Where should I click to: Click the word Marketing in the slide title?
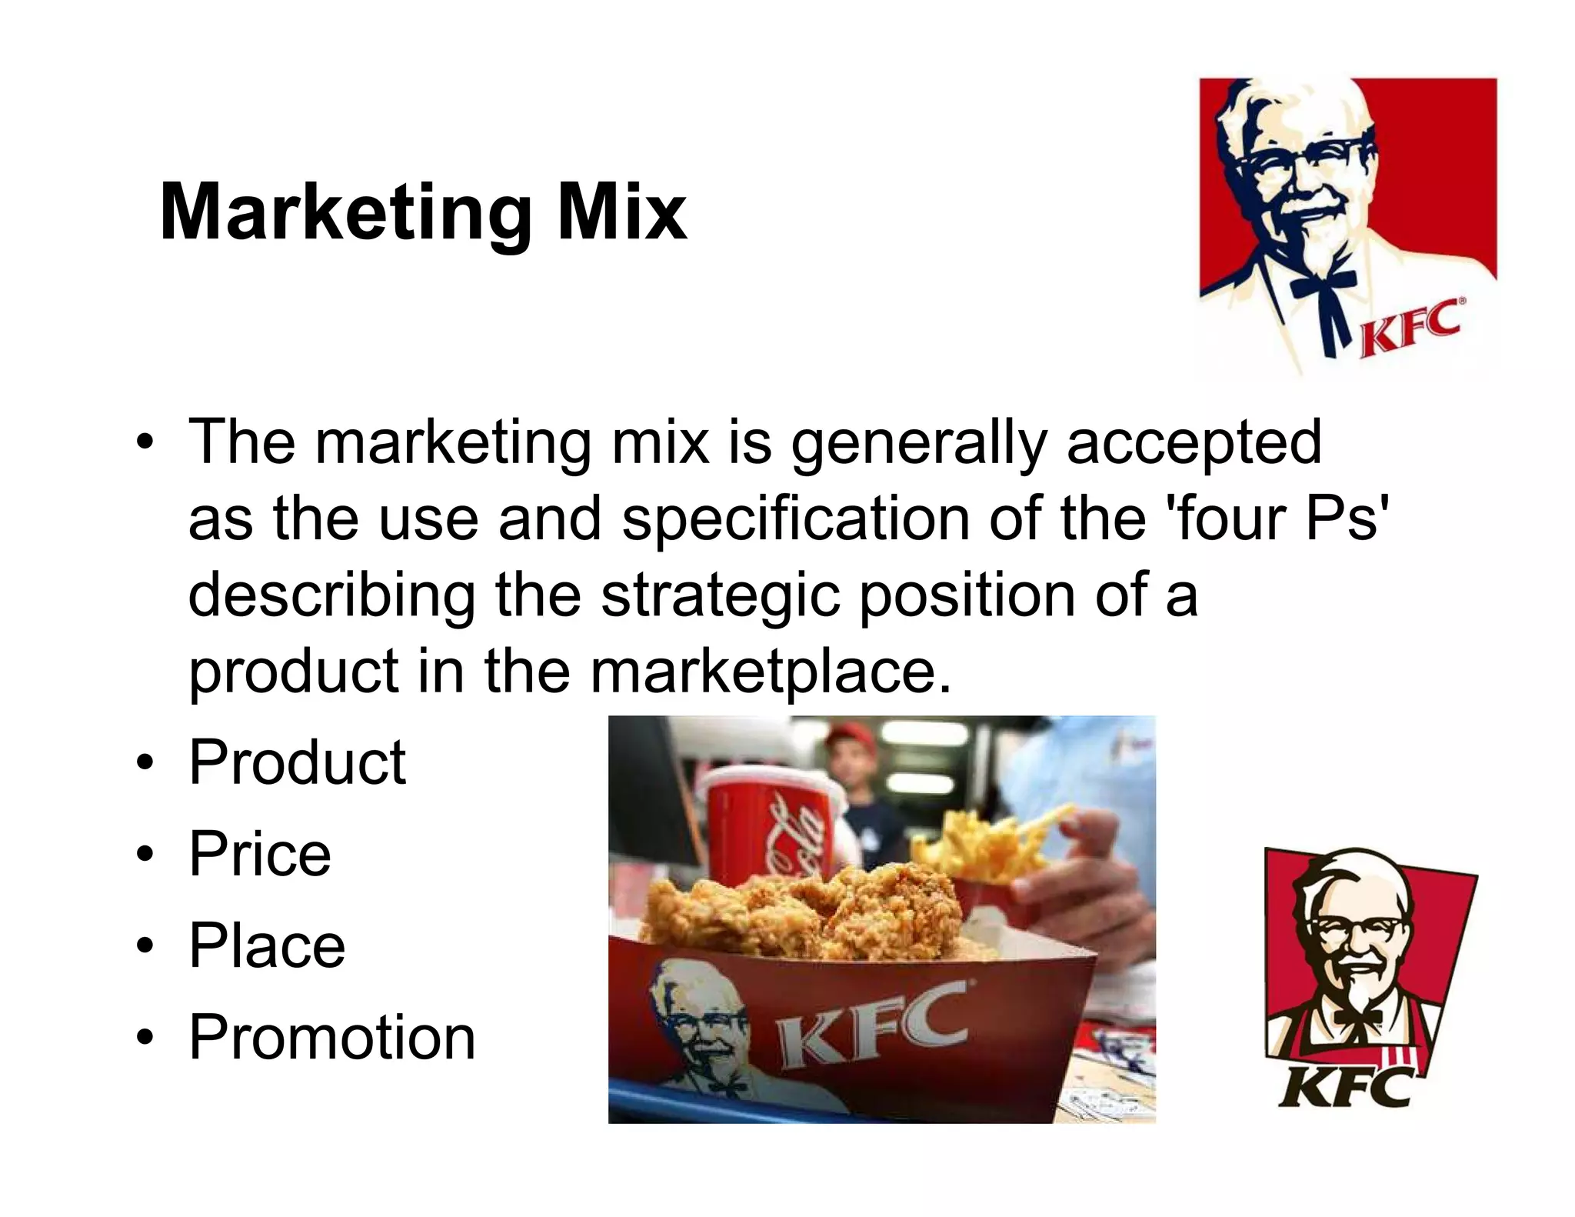345,213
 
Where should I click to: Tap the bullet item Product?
297,762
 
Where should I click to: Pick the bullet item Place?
267,945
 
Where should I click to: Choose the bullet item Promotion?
332,1037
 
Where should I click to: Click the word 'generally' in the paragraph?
919,444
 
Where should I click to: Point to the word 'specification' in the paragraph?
796,519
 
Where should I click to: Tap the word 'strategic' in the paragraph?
720,596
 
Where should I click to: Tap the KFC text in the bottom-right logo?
1346,1086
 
